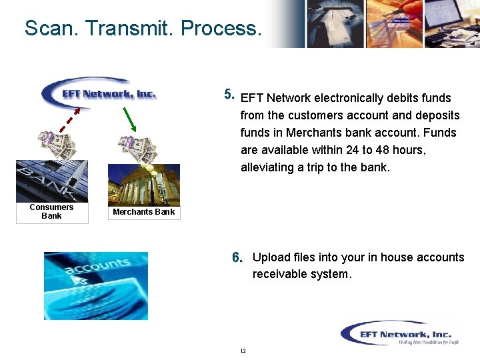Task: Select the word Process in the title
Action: pos(221,28)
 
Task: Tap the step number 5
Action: pos(229,95)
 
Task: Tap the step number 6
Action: pos(238,258)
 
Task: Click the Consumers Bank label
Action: pos(51,211)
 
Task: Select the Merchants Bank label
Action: pos(143,212)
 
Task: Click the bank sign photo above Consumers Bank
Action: pos(51,181)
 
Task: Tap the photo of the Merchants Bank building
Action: pos(144,184)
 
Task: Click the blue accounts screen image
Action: pos(95,285)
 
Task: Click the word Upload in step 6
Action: pos(271,257)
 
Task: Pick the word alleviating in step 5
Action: pos(267,167)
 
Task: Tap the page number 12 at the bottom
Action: pos(243,351)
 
